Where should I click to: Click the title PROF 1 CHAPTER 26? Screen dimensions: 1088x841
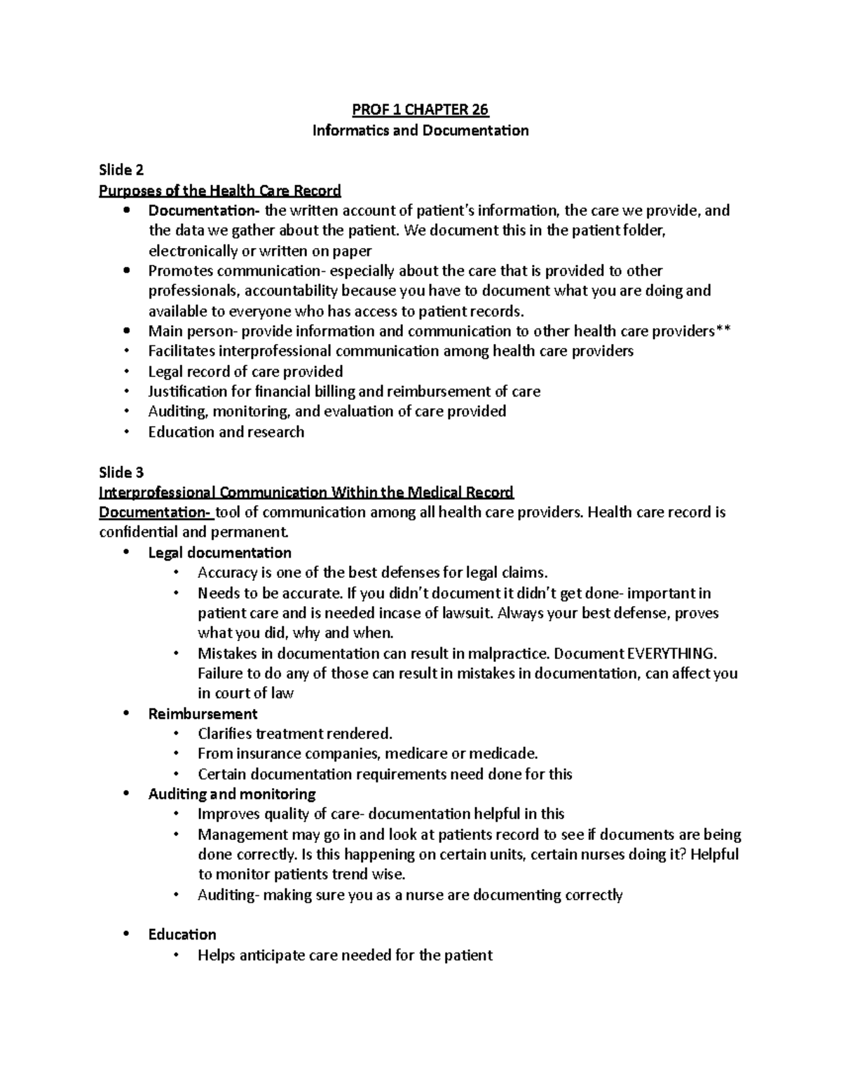(x=420, y=110)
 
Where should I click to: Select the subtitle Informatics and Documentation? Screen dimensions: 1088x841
(x=420, y=130)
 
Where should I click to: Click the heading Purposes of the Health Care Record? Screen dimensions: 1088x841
(x=219, y=191)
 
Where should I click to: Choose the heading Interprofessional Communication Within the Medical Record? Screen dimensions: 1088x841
(x=306, y=492)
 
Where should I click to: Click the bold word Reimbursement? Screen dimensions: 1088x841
(x=203, y=714)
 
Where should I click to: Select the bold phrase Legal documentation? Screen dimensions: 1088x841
(x=219, y=553)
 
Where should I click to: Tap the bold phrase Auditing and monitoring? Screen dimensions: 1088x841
(x=232, y=794)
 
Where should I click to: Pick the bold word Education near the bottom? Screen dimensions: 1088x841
(x=182, y=935)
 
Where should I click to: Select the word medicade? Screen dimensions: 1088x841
(x=502, y=754)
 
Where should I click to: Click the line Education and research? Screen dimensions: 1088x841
(x=226, y=432)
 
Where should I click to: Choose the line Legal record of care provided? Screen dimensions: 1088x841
(x=245, y=372)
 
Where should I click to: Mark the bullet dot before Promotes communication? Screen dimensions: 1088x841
(x=126, y=271)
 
